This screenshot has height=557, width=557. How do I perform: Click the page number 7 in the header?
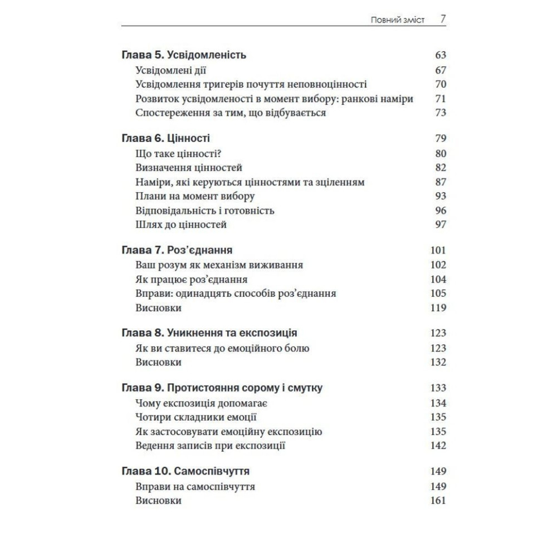tap(443, 19)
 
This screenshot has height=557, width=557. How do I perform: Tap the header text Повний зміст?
tap(398, 20)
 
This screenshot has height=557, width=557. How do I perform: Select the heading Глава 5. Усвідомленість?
tap(184, 55)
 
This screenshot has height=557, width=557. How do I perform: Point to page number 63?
tap(441, 55)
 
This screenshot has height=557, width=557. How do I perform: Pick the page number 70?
tap(441, 85)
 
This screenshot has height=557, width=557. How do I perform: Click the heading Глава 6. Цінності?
tap(165, 138)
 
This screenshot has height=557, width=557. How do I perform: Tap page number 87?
tap(441, 182)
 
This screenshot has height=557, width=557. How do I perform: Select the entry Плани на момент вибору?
tap(195, 196)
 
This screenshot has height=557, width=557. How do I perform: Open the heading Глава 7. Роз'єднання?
tap(177, 250)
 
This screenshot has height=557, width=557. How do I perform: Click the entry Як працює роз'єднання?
tap(191, 279)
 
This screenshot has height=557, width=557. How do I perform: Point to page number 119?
tap(438, 307)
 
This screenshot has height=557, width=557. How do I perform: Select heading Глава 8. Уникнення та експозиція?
tap(209, 333)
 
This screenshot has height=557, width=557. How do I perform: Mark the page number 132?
tap(438, 362)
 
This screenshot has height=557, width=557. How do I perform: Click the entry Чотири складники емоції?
tap(196, 417)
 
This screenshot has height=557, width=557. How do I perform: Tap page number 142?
tap(438, 445)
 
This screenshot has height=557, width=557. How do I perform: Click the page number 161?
tap(438, 501)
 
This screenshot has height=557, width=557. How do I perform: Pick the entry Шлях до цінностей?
tap(181, 225)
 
